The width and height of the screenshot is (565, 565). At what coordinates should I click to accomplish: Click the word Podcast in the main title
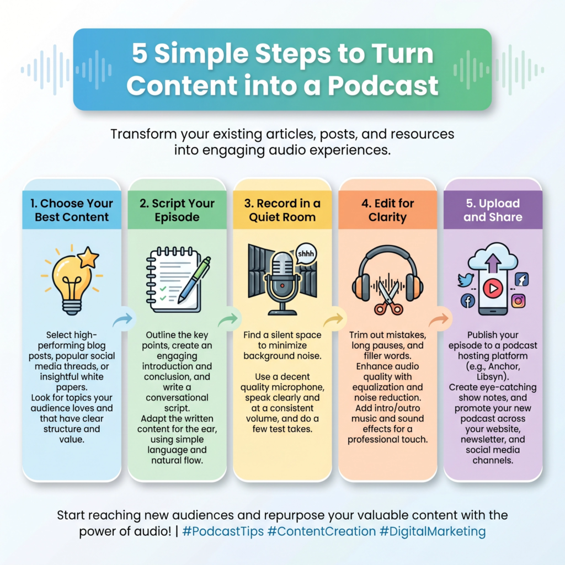(383, 86)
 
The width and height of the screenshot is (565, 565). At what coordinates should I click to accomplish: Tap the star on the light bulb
(88, 257)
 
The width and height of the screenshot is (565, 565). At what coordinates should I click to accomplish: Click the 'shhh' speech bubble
(306, 254)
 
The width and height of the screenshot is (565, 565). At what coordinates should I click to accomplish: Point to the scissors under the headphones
(388, 297)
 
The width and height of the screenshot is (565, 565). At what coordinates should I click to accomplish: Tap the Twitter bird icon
(466, 280)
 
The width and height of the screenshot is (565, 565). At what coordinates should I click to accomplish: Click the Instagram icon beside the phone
(518, 301)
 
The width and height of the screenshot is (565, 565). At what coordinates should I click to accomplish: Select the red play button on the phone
(493, 288)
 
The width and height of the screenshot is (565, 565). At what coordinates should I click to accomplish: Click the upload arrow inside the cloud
(493, 262)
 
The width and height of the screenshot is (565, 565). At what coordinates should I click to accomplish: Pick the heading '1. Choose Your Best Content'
(72, 210)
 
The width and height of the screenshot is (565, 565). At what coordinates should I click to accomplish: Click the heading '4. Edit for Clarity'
(388, 210)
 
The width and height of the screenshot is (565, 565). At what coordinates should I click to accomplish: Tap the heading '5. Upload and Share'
(493, 210)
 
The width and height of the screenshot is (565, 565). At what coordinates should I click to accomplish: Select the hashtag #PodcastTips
(223, 531)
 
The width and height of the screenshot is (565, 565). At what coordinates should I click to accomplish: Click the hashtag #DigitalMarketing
(433, 531)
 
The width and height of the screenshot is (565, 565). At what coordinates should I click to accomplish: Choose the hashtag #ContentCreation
(322, 531)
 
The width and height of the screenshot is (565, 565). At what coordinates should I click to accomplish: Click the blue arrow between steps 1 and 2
(123, 319)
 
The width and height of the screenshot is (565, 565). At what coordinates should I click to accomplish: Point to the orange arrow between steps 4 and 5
(439, 319)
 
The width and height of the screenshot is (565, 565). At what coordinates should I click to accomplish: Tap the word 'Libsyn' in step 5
(490, 376)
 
